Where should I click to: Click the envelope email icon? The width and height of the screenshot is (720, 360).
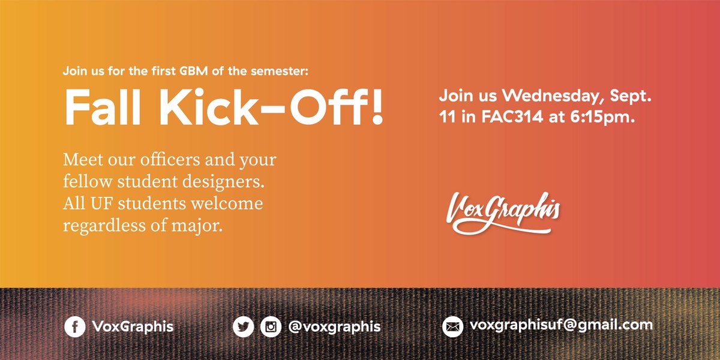tap(453, 326)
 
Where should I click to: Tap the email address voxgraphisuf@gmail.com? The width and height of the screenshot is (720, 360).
tap(561, 325)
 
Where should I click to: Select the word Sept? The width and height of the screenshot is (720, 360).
tap(625, 96)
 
